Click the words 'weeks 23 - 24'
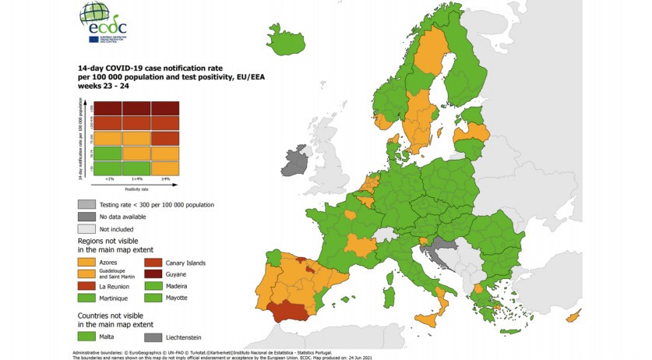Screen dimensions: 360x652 (x=101, y=97)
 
